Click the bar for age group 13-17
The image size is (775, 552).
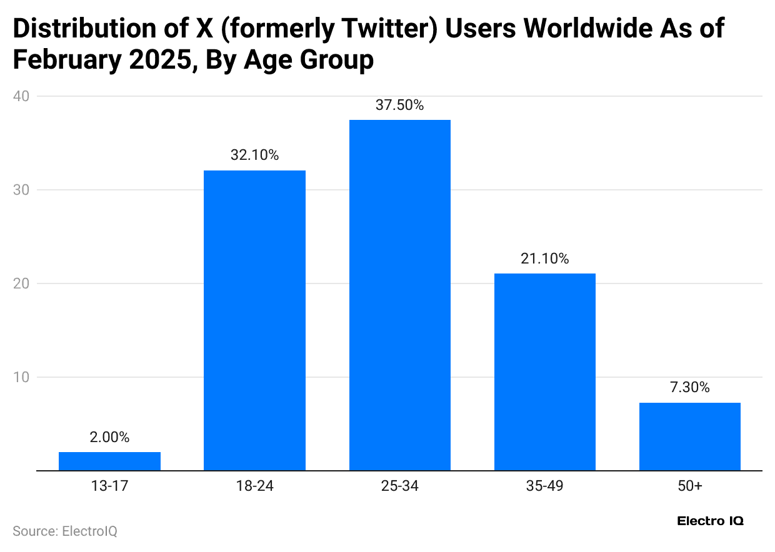click(109, 461)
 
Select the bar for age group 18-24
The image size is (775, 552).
click(254, 320)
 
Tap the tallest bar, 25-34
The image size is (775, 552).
click(399, 295)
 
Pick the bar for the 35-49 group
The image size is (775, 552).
click(544, 372)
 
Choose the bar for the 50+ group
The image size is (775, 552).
click(689, 436)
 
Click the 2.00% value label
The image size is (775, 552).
click(109, 438)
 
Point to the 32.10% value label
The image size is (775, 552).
click(254, 155)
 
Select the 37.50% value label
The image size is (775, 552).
click(399, 105)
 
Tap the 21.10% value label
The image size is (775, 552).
click(544, 259)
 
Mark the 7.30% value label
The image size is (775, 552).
click(689, 388)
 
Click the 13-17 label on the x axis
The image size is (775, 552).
click(109, 486)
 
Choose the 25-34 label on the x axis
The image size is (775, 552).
click(399, 486)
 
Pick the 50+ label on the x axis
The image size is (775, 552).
click(689, 486)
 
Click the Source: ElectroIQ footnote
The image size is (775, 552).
click(65, 531)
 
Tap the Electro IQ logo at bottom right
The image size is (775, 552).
click(710, 521)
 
